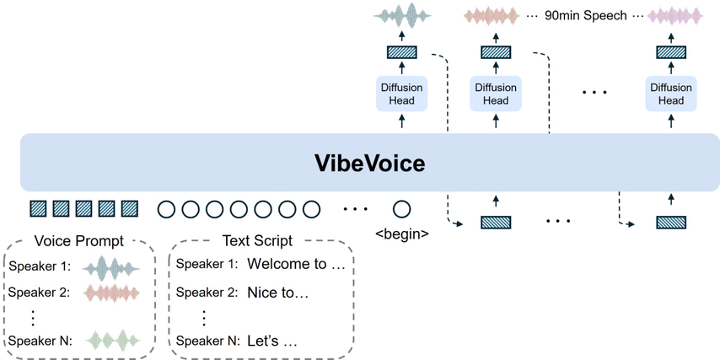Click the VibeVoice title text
coord(360,162)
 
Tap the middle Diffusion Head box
coord(495,94)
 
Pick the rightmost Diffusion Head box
coord(671,94)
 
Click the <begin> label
coord(402,231)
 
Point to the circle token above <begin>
coord(402,208)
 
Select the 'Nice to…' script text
coord(277,293)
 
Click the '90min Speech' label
coord(581,15)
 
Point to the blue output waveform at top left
coord(400,15)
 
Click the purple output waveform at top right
coord(671,15)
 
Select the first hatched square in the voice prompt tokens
coord(39,208)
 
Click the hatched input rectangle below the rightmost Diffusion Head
coord(671,223)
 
